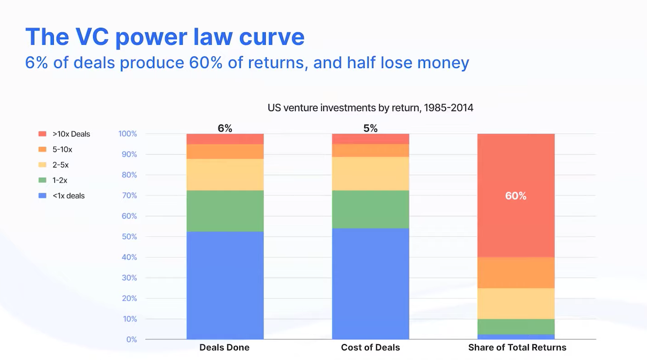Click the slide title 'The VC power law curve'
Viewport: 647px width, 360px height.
point(164,37)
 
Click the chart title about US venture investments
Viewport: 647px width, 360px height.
point(370,108)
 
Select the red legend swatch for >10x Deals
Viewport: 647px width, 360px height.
point(42,134)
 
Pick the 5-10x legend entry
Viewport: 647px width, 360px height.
point(62,150)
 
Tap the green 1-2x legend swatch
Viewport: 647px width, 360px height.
point(42,180)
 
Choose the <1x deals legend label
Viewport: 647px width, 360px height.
point(68,196)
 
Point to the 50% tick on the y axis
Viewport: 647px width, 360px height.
point(127,237)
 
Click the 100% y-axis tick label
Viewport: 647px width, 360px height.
point(127,134)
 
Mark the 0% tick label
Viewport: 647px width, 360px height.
point(131,339)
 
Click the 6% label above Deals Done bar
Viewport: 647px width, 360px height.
point(225,129)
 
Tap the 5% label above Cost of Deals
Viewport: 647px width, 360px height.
point(370,129)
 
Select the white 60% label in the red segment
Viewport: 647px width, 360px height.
point(515,196)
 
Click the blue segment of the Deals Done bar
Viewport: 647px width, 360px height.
point(225,285)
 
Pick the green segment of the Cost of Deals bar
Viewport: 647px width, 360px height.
point(370,209)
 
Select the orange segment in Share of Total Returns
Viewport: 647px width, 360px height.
point(516,272)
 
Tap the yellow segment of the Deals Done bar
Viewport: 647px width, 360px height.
point(225,174)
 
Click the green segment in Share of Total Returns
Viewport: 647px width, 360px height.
point(516,326)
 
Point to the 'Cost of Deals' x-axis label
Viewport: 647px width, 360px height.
point(370,348)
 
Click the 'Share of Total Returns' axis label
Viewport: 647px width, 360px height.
point(517,348)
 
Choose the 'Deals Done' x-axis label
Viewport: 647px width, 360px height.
point(224,348)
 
